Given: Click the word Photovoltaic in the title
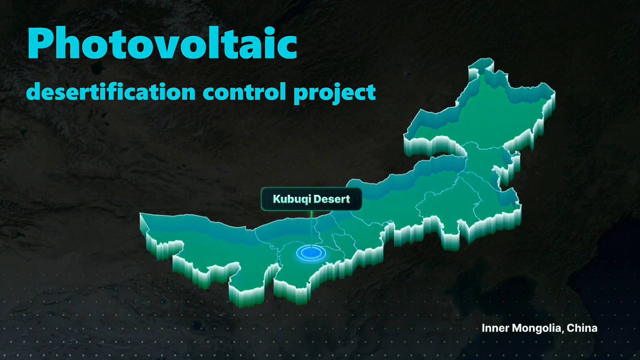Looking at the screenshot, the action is tap(162, 43).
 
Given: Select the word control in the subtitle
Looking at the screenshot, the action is tap(244, 92).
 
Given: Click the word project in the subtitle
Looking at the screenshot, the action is tap(335, 93).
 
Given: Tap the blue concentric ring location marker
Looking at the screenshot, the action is tap(311, 253).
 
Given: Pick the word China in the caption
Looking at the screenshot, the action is tap(582, 328).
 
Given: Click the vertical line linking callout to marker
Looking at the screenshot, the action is tap(311, 230).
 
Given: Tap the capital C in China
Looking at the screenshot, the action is tap(571, 328).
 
